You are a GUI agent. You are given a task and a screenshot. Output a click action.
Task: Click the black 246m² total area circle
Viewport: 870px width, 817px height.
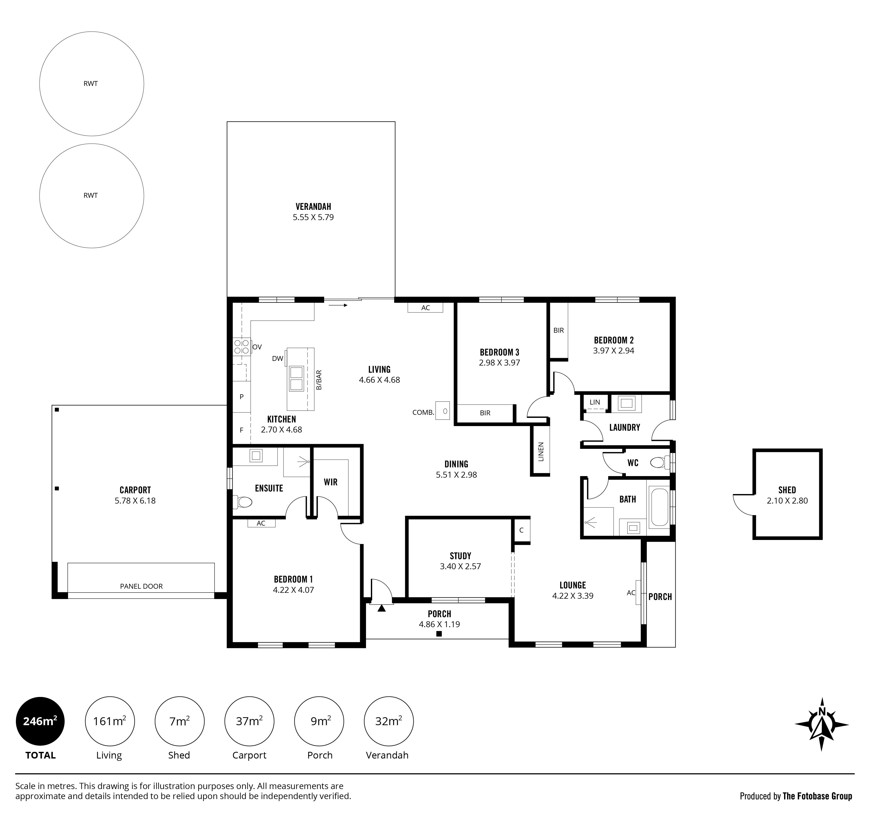(x=40, y=721)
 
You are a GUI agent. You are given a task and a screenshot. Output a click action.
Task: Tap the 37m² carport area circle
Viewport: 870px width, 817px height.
(x=249, y=721)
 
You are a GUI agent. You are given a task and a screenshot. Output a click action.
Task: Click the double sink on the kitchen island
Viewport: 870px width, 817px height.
(x=296, y=378)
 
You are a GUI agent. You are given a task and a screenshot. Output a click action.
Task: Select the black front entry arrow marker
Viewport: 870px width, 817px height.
(x=382, y=608)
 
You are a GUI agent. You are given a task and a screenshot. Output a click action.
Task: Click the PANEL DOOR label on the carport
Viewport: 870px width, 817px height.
(x=141, y=586)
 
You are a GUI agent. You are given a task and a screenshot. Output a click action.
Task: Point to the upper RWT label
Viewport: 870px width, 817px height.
(x=91, y=84)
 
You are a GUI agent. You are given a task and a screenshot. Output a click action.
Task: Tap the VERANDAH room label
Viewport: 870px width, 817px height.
(x=313, y=206)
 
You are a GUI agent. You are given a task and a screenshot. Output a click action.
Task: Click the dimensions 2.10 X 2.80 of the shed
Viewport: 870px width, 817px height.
(x=787, y=501)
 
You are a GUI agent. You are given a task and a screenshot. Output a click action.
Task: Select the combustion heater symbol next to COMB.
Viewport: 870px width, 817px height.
(x=442, y=411)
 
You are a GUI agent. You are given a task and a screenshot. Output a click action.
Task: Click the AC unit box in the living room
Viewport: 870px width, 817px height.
(x=425, y=307)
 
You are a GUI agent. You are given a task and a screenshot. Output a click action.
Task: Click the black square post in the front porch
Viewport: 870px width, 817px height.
(x=439, y=634)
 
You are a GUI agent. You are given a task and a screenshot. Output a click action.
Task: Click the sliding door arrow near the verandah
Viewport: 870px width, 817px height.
(x=338, y=305)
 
